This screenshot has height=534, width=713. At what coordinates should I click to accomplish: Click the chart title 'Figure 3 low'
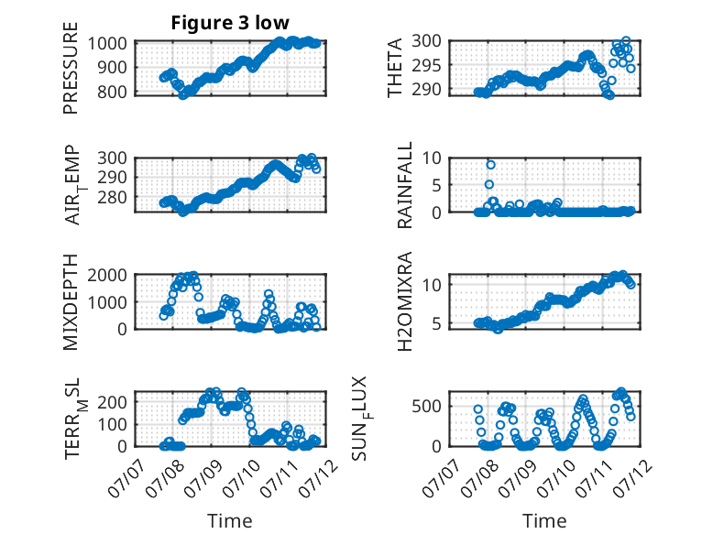(x=230, y=23)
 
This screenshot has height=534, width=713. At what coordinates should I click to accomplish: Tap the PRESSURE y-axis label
(x=71, y=68)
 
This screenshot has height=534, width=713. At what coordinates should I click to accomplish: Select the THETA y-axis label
(x=395, y=68)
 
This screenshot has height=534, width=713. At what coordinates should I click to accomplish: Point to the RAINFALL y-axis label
(x=405, y=185)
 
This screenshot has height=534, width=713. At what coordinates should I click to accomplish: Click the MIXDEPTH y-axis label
(x=71, y=302)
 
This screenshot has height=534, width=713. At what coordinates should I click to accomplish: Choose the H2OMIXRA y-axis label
(x=405, y=301)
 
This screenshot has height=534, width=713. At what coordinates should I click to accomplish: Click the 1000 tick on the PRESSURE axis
(x=107, y=44)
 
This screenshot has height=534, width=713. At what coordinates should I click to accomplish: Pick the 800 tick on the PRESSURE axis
(x=113, y=92)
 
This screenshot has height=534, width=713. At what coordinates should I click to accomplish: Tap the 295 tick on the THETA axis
(x=426, y=65)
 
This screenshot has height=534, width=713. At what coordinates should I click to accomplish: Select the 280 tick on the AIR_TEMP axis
(x=113, y=198)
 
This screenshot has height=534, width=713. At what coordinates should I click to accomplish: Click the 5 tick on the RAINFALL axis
(x=436, y=185)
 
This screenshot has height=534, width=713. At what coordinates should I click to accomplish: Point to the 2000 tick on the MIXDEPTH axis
(x=107, y=275)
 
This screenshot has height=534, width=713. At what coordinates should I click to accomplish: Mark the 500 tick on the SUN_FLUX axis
(x=426, y=406)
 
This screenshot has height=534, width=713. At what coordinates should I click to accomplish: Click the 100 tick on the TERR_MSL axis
(x=113, y=424)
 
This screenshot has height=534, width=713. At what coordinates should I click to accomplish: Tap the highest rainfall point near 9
(x=490, y=165)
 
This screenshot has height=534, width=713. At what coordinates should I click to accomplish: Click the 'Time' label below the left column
(x=230, y=521)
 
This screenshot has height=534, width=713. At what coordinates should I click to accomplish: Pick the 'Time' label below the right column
(x=544, y=521)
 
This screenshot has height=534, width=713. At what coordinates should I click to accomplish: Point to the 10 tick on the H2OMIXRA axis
(x=432, y=285)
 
